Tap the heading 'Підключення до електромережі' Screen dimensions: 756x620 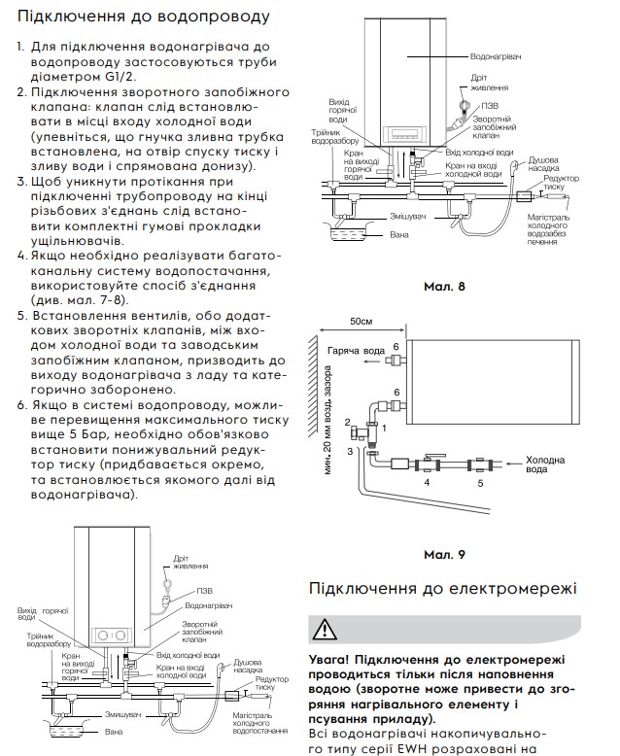click(x=442, y=589)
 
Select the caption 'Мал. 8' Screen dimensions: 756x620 click(x=445, y=288)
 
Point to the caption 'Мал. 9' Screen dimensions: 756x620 click(x=445, y=554)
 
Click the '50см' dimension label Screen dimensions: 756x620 click(x=362, y=321)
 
